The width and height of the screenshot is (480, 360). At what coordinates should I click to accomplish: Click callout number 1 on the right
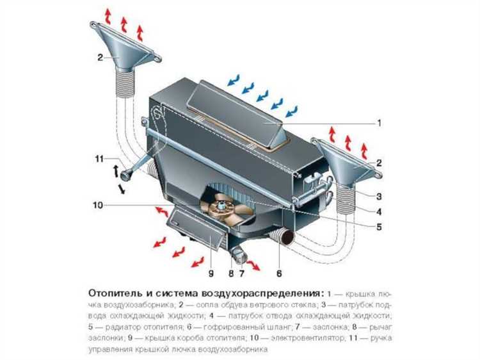click(x=380, y=123)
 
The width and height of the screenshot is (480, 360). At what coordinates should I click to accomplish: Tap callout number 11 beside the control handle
click(x=99, y=159)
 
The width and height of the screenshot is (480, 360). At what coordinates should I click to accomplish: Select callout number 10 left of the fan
click(x=98, y=205)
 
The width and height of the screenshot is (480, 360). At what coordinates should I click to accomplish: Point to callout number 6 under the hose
click(x=279, y=274)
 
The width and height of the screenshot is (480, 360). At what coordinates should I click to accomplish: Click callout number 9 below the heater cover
click(x=211, y=274)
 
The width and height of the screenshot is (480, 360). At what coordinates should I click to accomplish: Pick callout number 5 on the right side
click(x=379, y=227)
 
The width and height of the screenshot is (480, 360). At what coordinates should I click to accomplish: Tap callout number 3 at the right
click(x=379, y=196)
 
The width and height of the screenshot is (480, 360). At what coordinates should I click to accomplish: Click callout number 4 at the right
click(x=379, y=211)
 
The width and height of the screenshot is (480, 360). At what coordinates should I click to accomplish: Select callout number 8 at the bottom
click(x=231, y=274)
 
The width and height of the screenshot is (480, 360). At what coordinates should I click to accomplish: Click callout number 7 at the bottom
click(x=241, y=274)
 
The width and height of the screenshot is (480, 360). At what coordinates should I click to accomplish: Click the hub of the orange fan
click(x=221, y=206)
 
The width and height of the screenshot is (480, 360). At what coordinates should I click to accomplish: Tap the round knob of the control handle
click(x=127, y=175)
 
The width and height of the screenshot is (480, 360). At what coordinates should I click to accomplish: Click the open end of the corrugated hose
click(x=288, y=238)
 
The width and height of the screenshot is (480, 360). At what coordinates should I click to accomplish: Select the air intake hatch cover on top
click(x=236, y=113)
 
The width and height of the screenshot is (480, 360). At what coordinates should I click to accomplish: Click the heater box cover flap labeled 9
click(x=196, y=226)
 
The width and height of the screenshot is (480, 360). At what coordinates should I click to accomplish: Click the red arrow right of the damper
click(x=253, y=265)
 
